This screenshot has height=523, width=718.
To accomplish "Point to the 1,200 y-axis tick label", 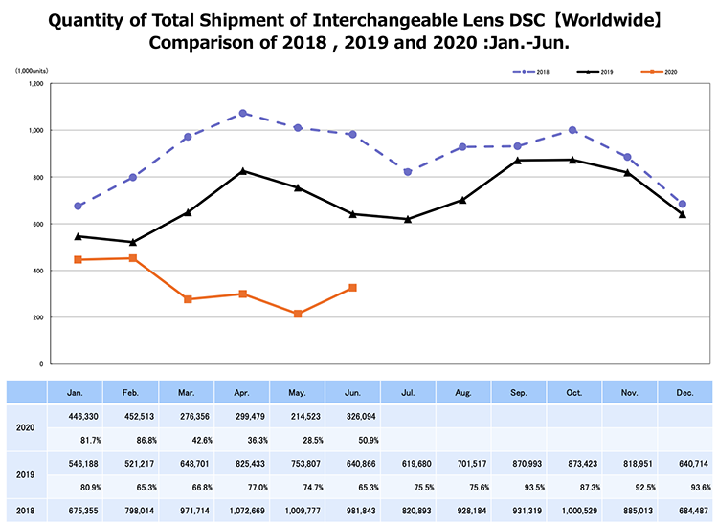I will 35,84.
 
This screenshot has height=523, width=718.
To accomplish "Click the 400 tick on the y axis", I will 38,272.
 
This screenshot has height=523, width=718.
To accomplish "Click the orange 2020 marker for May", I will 299,314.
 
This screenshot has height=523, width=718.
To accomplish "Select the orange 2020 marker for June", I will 353,288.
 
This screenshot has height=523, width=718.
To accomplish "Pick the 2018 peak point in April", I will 243,113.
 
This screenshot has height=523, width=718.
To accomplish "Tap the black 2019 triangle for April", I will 243,171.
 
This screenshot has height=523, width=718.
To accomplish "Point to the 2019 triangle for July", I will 408,219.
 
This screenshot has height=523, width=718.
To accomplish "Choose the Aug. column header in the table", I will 463,392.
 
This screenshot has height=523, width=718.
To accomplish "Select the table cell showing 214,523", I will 299,416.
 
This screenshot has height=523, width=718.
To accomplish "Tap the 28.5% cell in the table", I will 299,439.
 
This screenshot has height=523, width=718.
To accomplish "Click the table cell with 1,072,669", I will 243,510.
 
